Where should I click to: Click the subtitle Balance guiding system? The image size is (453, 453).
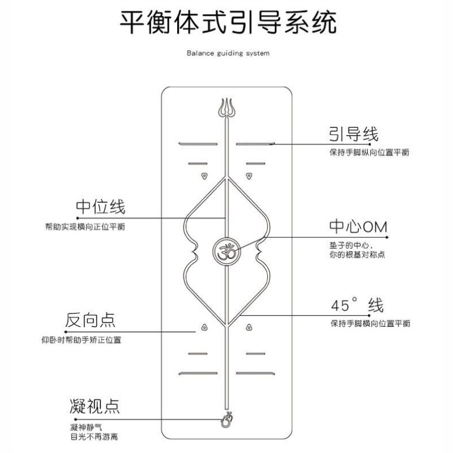click(228, 53)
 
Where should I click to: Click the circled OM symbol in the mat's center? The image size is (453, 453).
click(226, 249)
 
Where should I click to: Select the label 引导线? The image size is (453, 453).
click(353, 134)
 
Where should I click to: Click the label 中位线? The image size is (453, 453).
click(100, 206)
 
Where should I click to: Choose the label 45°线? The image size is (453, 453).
click(357, 305)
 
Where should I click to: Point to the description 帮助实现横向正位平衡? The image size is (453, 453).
click(85, 226)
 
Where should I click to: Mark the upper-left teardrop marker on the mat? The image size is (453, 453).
click(203, 177)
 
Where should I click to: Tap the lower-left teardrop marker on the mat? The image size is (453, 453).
click(203, 327)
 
